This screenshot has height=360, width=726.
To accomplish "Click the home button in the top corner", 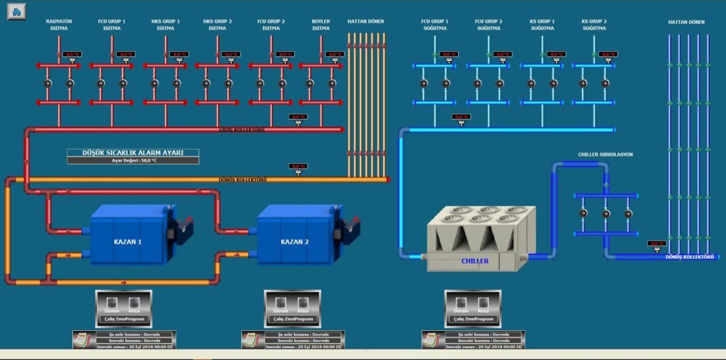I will pos(16,11).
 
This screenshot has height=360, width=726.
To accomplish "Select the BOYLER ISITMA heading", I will pos(321,25).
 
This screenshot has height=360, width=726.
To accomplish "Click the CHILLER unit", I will pos(475,241).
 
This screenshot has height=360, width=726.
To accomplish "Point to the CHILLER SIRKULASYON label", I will pos(605,154).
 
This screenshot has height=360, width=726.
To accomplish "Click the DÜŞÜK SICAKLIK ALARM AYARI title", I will pos(133,152).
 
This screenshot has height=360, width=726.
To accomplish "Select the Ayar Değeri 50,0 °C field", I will pos(133,160).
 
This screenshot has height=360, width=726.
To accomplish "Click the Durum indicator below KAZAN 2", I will pos(281,303).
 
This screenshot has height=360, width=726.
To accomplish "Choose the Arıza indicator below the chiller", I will pos(483,303).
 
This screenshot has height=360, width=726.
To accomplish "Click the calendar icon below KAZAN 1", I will pos(82,339).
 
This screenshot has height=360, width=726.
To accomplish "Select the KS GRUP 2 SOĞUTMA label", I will pos(594,25).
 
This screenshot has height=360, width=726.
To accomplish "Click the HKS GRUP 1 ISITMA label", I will pos(166,25).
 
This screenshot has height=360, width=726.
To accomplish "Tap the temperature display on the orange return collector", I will pos(298,167).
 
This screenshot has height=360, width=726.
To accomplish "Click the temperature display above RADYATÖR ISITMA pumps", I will pos(72,54).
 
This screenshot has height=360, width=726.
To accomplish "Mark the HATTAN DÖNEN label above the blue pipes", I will pos(686,22).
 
